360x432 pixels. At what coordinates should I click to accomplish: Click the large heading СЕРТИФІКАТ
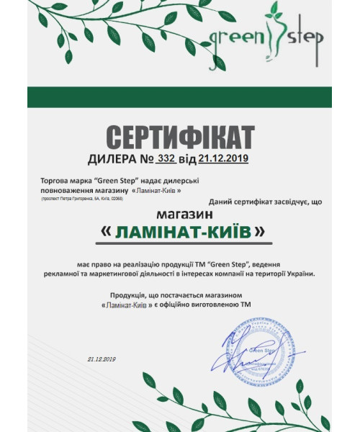[180, 137]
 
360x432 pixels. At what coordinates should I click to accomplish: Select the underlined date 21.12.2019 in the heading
[223, 158]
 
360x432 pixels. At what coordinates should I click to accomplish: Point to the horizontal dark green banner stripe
[180, 97]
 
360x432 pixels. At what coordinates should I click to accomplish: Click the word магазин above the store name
[180, 215]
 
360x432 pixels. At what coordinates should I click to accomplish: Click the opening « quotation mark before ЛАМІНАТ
[107, 232]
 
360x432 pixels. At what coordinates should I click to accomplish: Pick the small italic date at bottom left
[102, 358]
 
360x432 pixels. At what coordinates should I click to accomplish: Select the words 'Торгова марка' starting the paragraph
[63, 181]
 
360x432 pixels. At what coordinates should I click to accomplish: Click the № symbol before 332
[145, 158]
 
